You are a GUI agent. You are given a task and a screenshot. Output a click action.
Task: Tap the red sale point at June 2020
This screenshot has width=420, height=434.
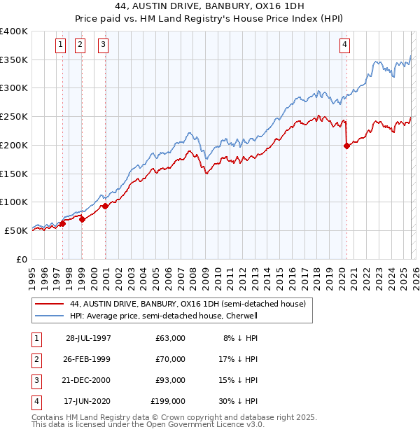click(346, 146)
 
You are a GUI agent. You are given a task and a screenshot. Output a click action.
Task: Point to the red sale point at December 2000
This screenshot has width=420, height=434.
click(105, 206)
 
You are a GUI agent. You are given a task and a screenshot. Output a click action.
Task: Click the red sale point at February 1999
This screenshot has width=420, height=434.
click(82, 219)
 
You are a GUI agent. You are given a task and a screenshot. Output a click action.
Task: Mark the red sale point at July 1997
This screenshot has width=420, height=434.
click(62, 223)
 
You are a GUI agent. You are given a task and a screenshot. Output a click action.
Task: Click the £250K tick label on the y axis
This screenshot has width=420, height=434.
click(13, 116)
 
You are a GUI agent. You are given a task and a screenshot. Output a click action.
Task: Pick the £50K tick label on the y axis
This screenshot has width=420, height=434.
click(16, 230)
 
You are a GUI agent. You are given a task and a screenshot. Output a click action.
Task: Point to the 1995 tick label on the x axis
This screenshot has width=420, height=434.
click(32, 272)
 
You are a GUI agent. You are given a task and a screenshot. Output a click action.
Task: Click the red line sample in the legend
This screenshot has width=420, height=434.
click(49, 304)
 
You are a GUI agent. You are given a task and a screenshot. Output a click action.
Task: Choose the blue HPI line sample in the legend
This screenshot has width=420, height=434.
click(49, 316)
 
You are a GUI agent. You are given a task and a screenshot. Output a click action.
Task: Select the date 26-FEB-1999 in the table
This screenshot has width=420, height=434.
click(87, 359)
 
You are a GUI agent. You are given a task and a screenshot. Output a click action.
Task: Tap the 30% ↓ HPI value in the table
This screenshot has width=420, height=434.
click(239, 402)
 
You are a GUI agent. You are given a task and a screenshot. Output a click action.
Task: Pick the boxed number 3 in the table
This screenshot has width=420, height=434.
click(35, 381)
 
